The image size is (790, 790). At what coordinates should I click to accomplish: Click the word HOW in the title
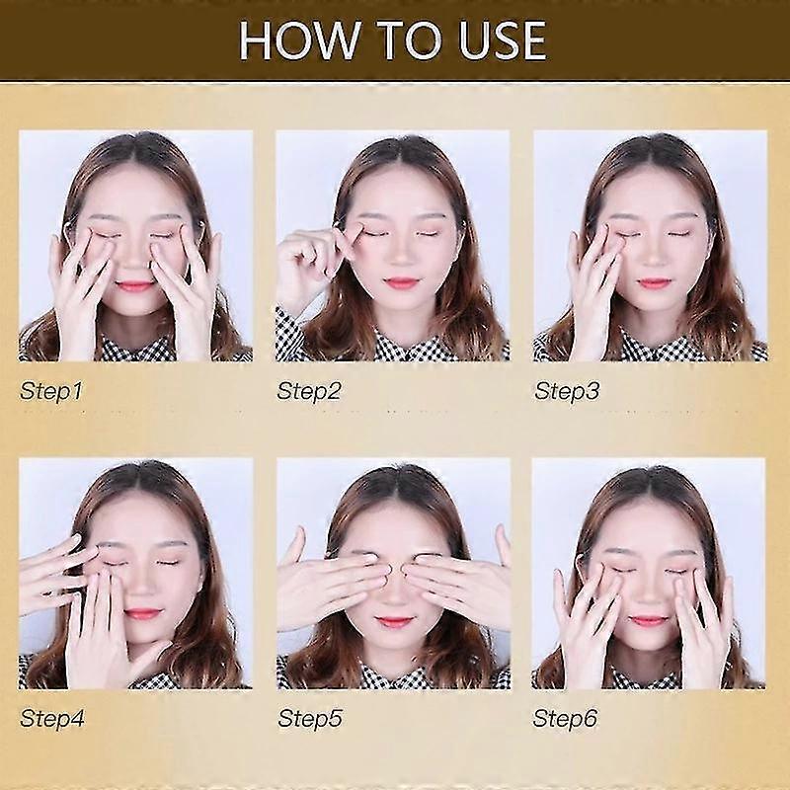coord(289,41)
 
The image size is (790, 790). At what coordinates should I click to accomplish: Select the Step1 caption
coord(51,391)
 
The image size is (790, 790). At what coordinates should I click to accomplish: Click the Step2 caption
coord(309,391)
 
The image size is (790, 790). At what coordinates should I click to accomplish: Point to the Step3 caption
coord(567,391)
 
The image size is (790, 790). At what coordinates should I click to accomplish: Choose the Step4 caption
coord(51,719)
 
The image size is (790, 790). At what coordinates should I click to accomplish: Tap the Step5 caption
coord(309,719)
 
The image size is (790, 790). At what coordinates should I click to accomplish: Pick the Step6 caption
coord(566,719)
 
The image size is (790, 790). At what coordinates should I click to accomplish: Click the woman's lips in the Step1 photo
coord(136,285)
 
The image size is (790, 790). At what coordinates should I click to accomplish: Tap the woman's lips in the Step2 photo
coord(402,283)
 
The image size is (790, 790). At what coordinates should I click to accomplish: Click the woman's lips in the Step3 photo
coord(654,283)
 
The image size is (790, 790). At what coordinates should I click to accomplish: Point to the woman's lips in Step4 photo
coord(143,613)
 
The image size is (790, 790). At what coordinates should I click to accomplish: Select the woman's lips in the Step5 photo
coord(394,622)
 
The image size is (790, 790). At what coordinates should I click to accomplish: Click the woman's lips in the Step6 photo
coord(649,620)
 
